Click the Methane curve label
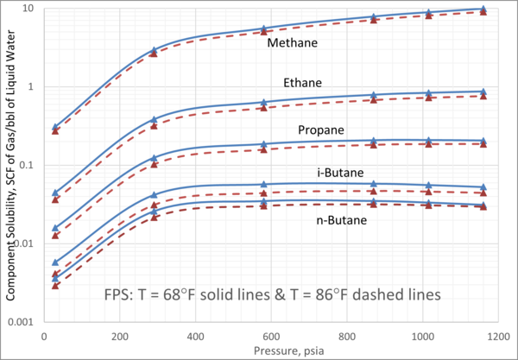293,42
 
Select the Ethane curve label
302,83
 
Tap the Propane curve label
321,130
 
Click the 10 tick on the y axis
28,9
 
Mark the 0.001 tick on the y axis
23,321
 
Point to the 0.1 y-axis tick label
26,165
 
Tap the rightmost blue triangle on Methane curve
483,9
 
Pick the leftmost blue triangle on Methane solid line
56,126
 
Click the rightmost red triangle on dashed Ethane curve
483,96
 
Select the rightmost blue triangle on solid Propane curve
483,140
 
